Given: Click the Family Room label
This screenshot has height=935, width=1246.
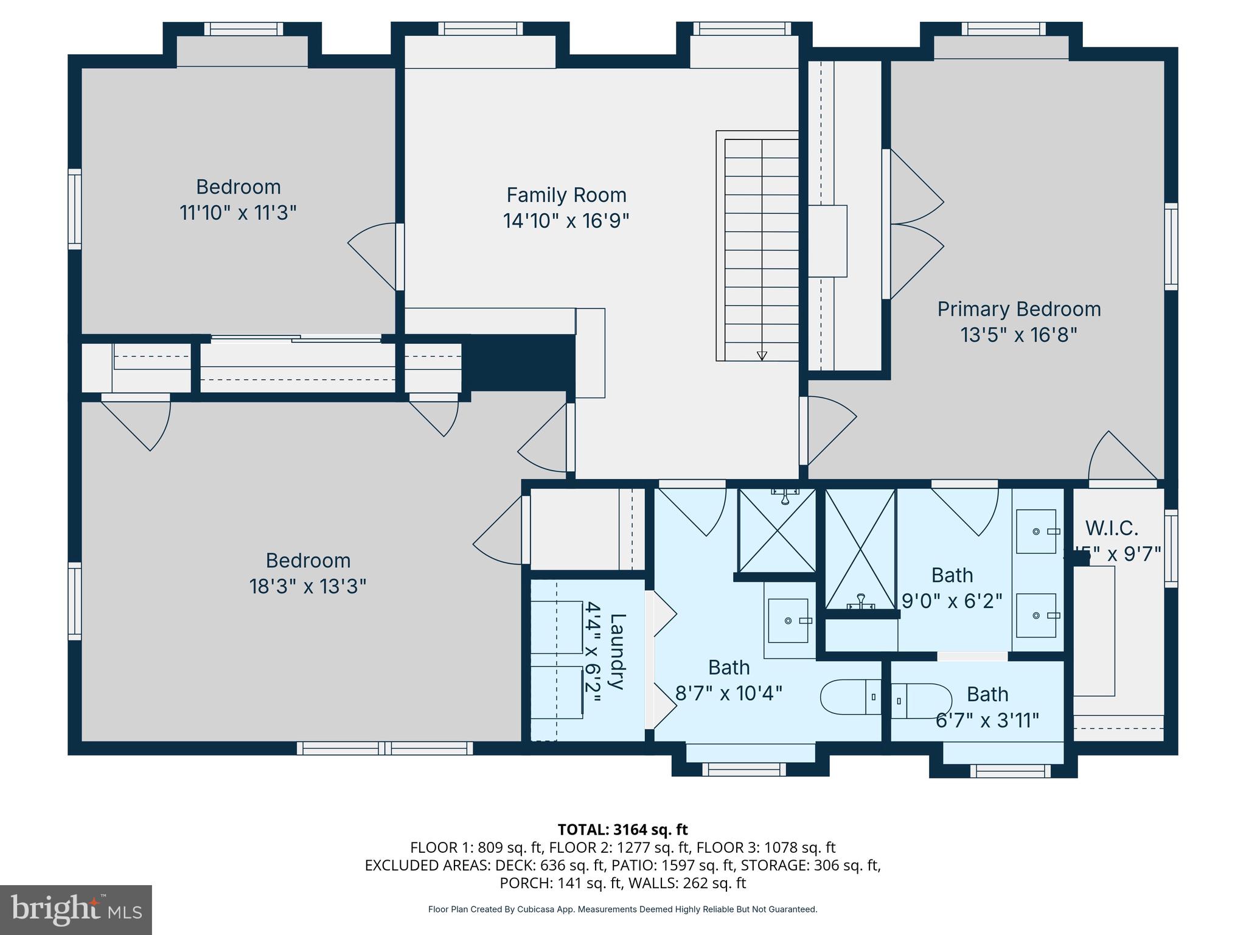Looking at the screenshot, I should (566, 195).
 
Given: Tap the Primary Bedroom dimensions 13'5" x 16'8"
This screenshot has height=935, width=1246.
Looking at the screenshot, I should (1018, 335).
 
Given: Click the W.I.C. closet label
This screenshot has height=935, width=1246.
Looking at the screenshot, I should (1112, 528).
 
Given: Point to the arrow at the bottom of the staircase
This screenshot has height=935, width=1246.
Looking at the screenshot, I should (762, 356).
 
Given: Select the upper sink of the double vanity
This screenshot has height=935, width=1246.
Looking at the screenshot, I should (1036, 531).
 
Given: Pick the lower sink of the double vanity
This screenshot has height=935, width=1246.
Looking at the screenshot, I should (1036, 615).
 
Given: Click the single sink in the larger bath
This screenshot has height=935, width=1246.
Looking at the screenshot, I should (788, 620).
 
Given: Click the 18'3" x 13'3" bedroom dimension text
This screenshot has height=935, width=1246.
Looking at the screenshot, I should (307, 587).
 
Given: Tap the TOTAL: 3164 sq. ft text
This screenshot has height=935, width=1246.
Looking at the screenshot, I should (622, 830).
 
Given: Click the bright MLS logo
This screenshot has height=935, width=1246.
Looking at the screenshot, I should (75, 909).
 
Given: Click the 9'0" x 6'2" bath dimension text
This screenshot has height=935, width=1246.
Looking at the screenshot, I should (952, 601).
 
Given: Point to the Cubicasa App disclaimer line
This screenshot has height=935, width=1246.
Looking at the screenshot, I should (622, 909).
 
